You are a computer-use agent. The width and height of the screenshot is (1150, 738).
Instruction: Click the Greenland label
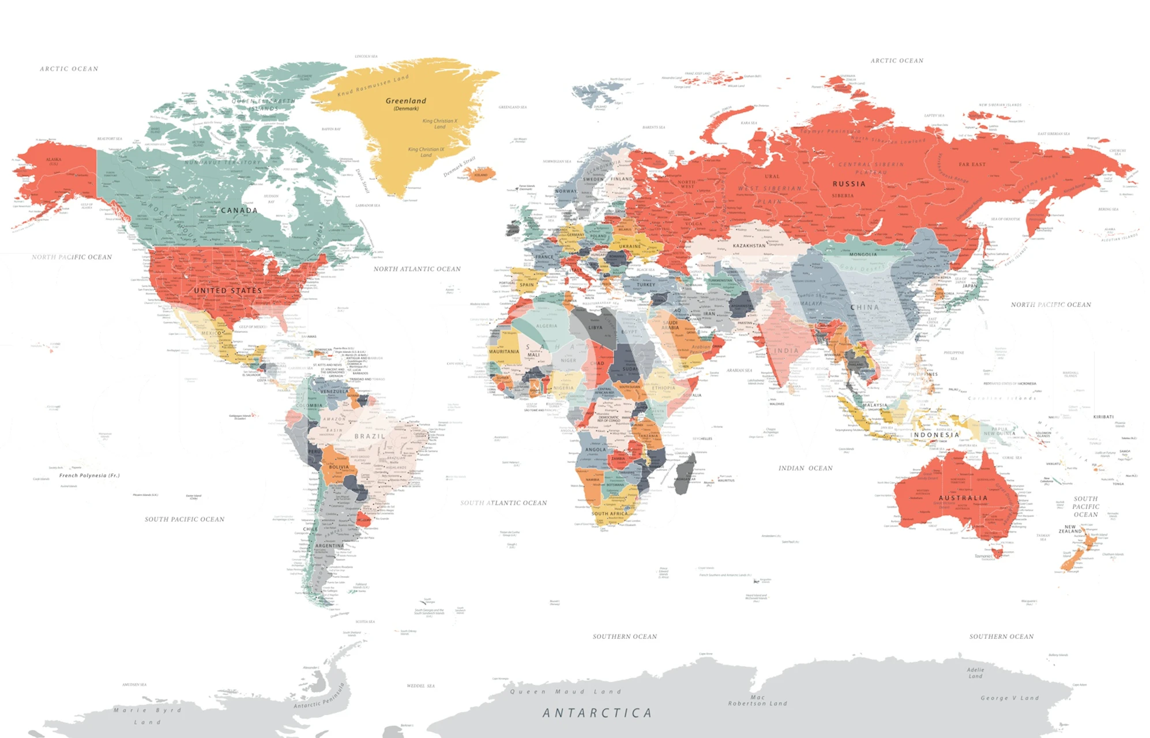click(406, 101)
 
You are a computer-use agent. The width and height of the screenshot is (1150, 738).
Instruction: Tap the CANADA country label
click(239, 210)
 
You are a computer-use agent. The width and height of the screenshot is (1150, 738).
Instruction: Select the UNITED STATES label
click(228, 291)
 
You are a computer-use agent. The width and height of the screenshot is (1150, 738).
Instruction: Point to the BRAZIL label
click(370, 436)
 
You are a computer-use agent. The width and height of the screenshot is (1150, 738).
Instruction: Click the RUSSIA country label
click(849, 184)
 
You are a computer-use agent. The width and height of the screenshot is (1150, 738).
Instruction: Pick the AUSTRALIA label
click(963, 498)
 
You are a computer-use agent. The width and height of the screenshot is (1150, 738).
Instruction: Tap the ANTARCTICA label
click(597, 713)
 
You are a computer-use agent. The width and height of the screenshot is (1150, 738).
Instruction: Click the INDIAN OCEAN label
click(806, 468)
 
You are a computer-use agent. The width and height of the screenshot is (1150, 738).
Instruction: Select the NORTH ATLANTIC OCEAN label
click(417, 269)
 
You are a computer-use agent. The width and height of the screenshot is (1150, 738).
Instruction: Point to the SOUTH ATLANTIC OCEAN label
click(503, 503)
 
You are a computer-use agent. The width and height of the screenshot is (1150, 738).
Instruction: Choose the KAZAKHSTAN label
click(749, 246)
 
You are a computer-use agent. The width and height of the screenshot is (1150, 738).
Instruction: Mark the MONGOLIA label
click(863, 254)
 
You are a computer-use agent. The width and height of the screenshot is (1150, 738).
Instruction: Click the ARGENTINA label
click(329, 545)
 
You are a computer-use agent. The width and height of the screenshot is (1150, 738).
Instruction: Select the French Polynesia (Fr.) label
click(89, 476)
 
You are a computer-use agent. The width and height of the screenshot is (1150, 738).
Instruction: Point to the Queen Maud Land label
click(565, 691)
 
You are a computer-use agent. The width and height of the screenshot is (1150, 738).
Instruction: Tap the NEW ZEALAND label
click(1070, 529)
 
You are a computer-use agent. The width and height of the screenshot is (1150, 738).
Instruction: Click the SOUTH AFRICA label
click(610, 513)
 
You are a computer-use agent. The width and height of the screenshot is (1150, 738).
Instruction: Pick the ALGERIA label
click(547, 326)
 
